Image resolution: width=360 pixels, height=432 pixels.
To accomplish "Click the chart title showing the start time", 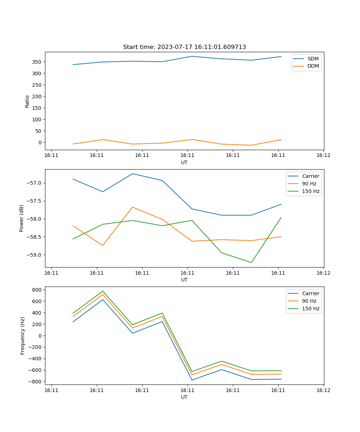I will pyautogui.click(x=184, y=47).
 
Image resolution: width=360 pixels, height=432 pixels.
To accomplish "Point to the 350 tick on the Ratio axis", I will pyautogui.click(x=38, y=62).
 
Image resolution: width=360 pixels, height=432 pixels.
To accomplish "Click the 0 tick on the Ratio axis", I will pyautogui.click(x=40, y=143).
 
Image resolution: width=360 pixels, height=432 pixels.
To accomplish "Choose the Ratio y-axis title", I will pyautogui.click(x=27, y=101).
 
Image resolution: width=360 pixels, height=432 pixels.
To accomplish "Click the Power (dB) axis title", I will pyautogui.click(x=22, y=218).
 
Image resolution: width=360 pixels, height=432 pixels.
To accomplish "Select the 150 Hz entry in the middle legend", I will pyautogui.click(x=311, y=191).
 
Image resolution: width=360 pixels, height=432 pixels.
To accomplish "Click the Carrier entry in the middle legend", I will pyautogui.click(x=311, y=176).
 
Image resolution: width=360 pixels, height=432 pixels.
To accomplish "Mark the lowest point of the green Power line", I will pyautogui.click(x=251, y=262).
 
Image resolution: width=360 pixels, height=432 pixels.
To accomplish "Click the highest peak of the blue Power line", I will pyautogui.click(x=132, y=174).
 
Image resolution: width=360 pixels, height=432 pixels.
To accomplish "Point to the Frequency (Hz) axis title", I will pyautogui.click(x=23, y=336).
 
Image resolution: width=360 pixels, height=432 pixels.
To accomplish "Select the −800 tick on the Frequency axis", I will pyautogui.click(x=36, y=382).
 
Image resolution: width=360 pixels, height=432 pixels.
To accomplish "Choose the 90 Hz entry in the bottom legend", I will pyautogui.click(x=309, y=301).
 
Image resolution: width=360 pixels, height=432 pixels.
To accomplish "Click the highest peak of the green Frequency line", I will pyautogui.click(x=103, y=291).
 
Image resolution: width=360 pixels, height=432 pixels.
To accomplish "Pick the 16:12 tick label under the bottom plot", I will pyautogui.click(x=323, y=390).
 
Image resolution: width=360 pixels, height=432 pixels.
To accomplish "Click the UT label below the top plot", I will pyautogui.click(x=184, y=162).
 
